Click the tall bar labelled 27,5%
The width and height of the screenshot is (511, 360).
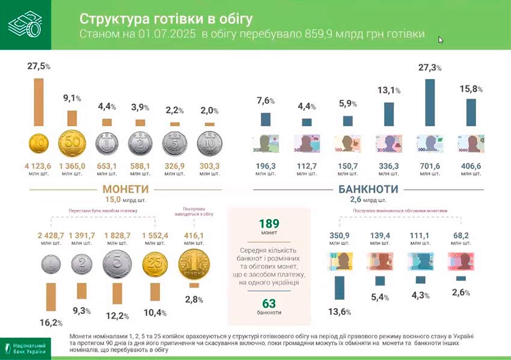pyautogui.click(x=38, y=103)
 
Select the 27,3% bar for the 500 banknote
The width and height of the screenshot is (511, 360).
pyautogui.click(x=429, y=102)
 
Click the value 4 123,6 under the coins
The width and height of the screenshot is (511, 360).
pyautogui.click(x=38, y=166)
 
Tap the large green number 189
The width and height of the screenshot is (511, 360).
pyautogui.click(x=269, y=224)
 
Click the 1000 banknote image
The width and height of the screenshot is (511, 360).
pyautogui.click(x=470, y=144)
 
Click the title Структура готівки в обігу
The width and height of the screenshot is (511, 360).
pyautogui.click(x=159, y=19)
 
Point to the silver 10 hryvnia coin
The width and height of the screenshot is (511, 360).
pyautogui.click(x=210, y=145)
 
